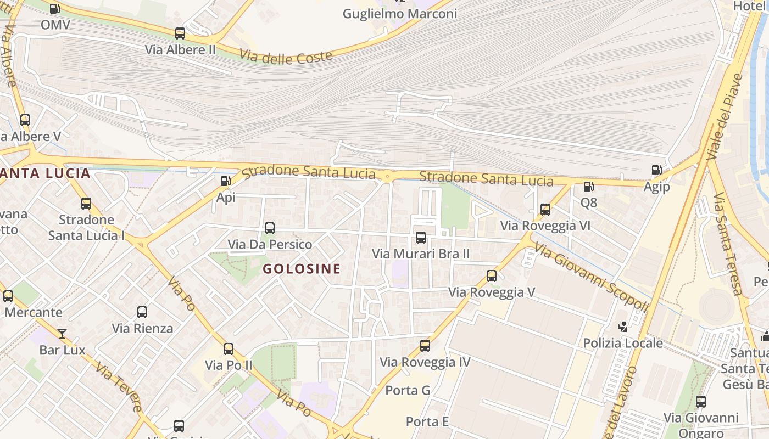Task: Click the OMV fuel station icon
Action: (54, 9)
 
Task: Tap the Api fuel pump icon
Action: (225, 181)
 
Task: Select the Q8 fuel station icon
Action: (588, 187)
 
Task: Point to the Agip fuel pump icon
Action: (656, 170)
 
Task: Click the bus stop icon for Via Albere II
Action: (180, 33)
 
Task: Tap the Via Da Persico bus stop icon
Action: (270, 228)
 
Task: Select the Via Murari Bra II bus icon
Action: (421, 238)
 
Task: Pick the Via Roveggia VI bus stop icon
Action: (545, 210)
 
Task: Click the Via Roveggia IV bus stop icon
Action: (425, 346)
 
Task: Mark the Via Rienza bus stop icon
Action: (142, 312)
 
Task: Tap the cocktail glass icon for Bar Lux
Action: (62, 333)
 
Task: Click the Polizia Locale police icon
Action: (622, 327)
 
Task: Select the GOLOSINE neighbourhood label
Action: (302, 269)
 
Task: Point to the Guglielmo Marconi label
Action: (399, 14)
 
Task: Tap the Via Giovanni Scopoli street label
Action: (591, 277)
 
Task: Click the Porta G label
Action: (408, 391)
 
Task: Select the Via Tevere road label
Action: (119, 386)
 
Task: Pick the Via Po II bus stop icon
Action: (229, 349)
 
